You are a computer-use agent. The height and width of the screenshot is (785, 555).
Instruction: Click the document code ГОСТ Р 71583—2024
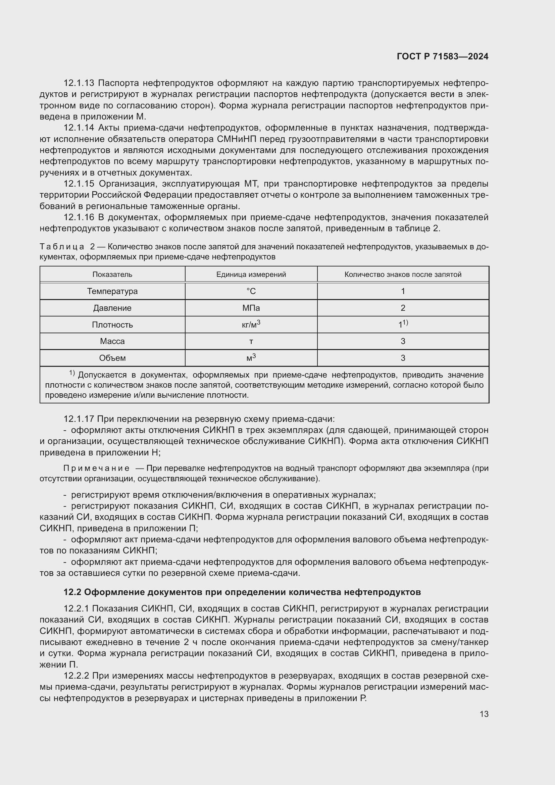[443, 56]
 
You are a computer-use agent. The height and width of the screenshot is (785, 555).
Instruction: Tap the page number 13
[484, 714]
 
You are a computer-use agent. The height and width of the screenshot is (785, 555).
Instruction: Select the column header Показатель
[112, 275]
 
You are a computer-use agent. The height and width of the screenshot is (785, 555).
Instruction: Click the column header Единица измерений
[251, 275]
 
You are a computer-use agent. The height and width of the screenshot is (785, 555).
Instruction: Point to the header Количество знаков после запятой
[403, 275]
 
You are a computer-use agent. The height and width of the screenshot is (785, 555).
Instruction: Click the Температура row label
[112, 291]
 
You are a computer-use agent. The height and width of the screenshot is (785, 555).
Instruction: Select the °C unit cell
[251, 291]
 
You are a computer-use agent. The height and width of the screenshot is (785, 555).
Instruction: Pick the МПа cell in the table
[251, 308]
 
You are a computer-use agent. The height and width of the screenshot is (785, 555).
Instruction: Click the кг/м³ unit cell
[251, 325]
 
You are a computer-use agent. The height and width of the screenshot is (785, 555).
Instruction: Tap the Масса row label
[112, 341]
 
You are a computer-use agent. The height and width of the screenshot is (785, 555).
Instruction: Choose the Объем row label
[112, 358]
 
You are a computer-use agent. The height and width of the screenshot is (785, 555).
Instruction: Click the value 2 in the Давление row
[403, 308]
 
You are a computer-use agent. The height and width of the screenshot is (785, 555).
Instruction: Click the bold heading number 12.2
[72, 592]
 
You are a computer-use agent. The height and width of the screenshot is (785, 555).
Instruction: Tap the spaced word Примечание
[96, 469]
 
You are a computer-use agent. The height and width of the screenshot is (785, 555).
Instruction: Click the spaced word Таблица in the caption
[62, 247]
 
